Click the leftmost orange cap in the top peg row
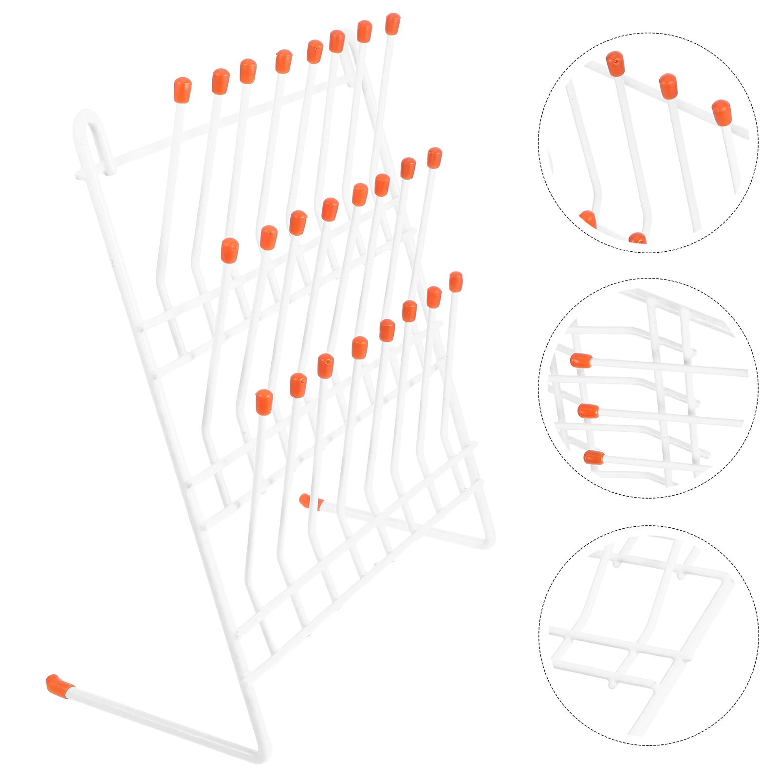[x=183, y=90]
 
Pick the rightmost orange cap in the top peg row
[x=392, y=24]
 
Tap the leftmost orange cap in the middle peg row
[x=229, y=250]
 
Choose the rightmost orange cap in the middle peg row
[x=434, y=158]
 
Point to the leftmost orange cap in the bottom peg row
[x=264, y=402]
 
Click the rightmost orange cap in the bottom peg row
[x=456, y=281]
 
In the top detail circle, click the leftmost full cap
[x=615, y=64]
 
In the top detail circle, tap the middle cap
[x=668, y=86]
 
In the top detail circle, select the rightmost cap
[x=721, y=112]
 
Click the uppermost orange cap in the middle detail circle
[x=581, y=360]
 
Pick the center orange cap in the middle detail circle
[x=588, y=411]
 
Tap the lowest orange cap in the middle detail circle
[x=594, y=457]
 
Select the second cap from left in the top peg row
[x=221, y=81]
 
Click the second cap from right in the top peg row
[x=364, y=31]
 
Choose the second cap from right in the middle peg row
[x=408, y=168]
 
